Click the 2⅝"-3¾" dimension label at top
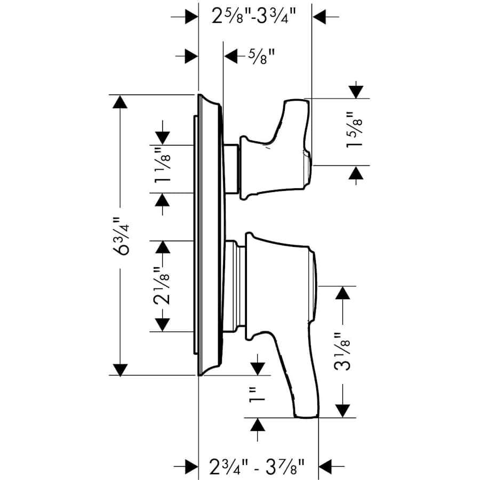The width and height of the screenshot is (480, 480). point(254,17)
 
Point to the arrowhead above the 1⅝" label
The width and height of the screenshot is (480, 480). point(355,91)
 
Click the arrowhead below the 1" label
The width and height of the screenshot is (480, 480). point(258,425)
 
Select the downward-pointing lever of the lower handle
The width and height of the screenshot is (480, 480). point(299,384)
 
